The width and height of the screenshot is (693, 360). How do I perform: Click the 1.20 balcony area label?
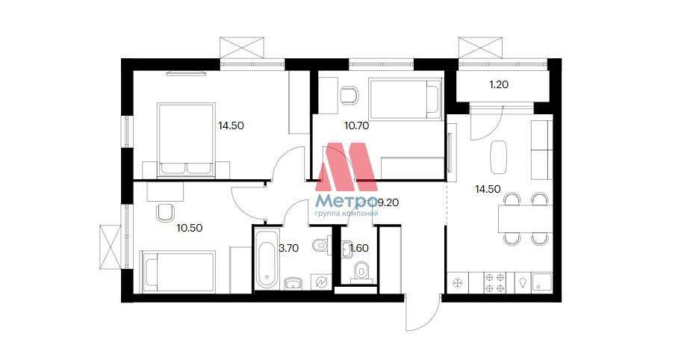(x=499, y=84)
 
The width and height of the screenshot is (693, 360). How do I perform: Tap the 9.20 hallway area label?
(x=388, y=202)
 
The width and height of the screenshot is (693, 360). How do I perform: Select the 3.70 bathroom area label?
(x=288, y=248)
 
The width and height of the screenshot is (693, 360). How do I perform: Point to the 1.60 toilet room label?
(x=359, y=248)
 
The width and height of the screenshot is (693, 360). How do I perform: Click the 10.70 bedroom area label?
(x=356, y=125)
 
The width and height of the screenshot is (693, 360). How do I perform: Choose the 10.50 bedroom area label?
(x=190, y=229)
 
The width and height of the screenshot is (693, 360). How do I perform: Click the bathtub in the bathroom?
(x=267, y=258)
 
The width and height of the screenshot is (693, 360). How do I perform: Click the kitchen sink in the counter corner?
(x=542, y=282)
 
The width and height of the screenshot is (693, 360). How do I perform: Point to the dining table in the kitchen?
(x=526, y=219)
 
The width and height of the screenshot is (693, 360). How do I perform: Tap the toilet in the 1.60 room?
(x=362, y=270)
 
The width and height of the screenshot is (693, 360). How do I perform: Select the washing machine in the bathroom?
(x=321, y=282)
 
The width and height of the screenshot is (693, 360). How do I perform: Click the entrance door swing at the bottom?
(x=423, y=314)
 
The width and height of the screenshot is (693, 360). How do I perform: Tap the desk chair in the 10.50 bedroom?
(x=165, y=213)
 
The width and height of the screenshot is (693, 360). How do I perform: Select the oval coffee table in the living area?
(x=499, y=157)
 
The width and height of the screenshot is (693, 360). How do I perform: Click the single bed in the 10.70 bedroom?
(x=405, y=99)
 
